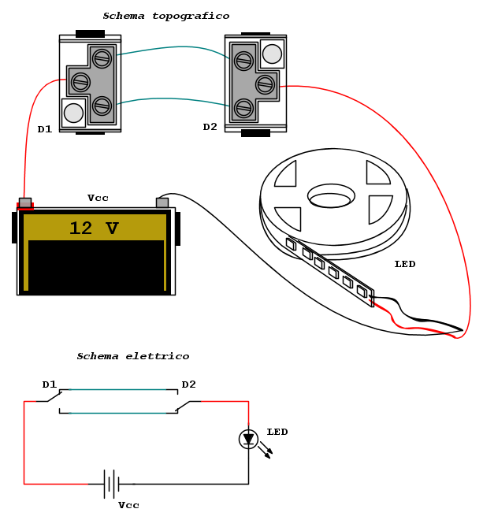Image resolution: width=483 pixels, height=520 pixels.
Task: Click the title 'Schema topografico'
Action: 165,16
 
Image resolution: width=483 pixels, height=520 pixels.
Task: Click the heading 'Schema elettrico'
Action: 132,356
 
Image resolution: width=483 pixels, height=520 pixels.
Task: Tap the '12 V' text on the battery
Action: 94,228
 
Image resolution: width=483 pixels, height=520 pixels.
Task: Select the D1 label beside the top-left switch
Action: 45,129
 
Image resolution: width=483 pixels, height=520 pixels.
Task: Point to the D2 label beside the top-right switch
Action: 210,127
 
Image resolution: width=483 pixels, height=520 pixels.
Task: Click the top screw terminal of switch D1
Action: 102,57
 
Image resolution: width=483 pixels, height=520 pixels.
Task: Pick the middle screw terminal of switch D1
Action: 80,80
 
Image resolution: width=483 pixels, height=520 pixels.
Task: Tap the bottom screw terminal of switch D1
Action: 102,105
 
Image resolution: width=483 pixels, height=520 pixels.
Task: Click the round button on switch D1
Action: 73,113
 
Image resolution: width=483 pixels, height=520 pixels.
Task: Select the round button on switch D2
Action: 272,54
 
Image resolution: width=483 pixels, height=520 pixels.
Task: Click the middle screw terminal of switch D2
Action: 266,84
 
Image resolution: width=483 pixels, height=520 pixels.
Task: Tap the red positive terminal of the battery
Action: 25,204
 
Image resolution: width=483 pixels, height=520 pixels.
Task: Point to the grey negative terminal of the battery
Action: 162,202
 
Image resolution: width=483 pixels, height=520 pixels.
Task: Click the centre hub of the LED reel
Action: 331,196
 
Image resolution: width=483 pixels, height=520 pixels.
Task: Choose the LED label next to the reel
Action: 404,264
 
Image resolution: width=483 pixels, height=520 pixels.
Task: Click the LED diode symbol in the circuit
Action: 249,439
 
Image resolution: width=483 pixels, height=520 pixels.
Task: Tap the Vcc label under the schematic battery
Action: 128,505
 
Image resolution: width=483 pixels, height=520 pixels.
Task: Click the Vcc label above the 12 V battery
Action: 98,198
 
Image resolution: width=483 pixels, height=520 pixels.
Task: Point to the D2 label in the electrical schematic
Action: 189,384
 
